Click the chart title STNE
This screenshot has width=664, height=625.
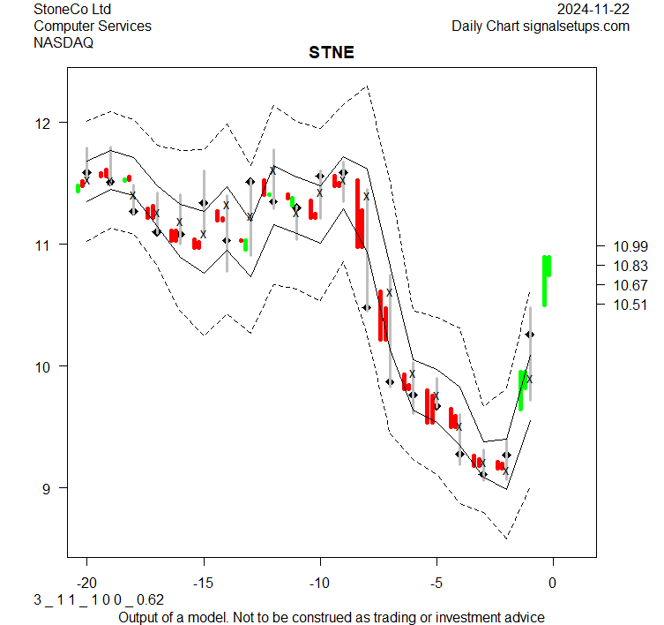point(332,52)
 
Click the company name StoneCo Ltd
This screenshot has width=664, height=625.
point(72,9)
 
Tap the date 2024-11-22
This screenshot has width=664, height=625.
point(593,9)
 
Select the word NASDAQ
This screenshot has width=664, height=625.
point(63,42)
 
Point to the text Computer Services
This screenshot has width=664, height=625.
point(93,26)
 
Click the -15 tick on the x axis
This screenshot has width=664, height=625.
point(204,583)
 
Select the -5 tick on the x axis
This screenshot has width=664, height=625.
point(436,583)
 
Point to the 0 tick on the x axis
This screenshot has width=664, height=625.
point(553,583)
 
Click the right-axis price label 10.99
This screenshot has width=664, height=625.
point(630,245)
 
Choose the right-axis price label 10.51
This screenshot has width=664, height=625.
point(630,305)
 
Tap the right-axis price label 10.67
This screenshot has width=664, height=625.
point(630,284)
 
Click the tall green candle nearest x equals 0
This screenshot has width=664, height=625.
point(547,279)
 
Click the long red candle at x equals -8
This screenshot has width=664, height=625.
point(359,214)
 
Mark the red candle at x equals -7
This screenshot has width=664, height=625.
point(382,314)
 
